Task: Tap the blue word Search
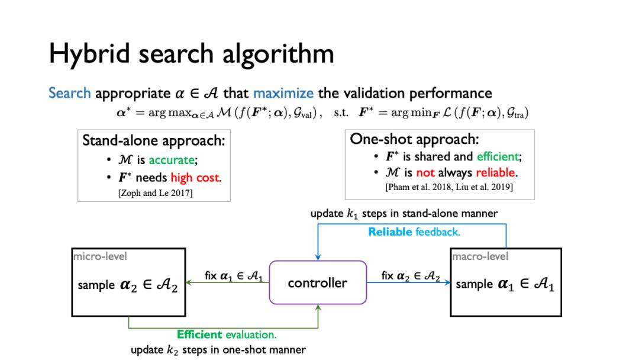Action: tap(70, 93)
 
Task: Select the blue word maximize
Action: tap(283, 93)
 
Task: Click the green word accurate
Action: tap(172, 160)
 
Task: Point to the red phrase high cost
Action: tap(195, 178)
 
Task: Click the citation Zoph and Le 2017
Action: tap(155, 193)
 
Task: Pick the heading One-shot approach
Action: tap(414, 139)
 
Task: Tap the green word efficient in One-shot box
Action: tap(498, 156)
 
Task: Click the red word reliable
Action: tap(495, 173)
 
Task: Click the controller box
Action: tap(318, 282)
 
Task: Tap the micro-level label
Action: tap(100, 256)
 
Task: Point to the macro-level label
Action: tap(480, 256)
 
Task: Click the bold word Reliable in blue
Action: tap(390, 232)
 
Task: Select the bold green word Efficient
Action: tap(199, 335)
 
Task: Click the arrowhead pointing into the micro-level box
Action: tap(189, 282)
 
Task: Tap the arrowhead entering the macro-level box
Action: tap(447, 282)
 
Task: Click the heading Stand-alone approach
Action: tap(154, 141)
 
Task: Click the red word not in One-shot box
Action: tap(425, 173)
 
